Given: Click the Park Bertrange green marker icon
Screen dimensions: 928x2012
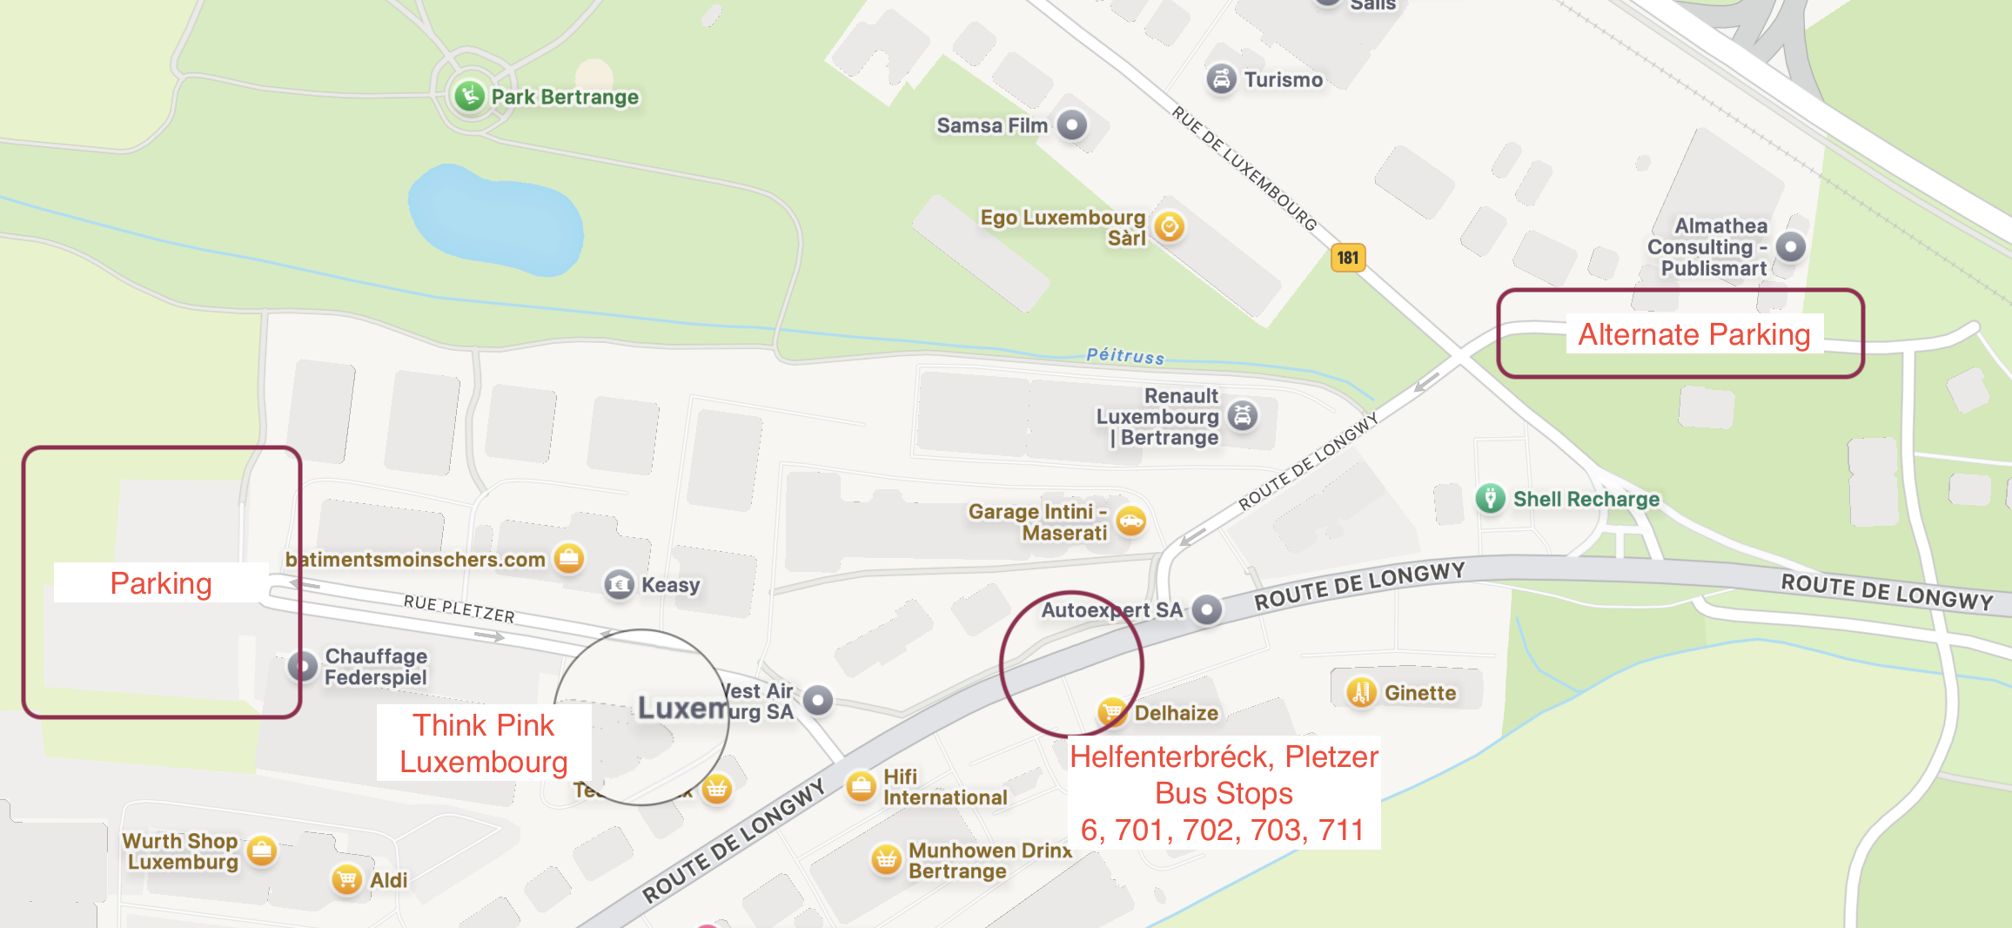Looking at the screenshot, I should (470, 95).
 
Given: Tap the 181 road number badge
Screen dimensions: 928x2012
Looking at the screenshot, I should (1348, 258).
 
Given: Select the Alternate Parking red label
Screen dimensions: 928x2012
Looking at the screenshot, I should (1693, 334).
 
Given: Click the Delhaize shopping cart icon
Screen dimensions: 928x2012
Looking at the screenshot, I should (1112, 712).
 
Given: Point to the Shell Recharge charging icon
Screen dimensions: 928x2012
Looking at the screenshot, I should (1491, 499).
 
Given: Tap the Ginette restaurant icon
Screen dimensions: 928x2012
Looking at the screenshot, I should (1362, 693).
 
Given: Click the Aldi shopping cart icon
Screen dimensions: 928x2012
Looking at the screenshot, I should (347, 879).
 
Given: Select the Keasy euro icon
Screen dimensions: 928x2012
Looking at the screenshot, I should (620, 584).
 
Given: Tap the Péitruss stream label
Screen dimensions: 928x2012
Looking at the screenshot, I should (1124, 355).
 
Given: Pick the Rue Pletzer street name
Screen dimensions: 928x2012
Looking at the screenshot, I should (459, 609).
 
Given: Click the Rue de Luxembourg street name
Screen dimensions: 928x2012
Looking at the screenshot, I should (1244, 167).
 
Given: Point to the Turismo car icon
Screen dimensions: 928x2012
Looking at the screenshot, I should (1222, 79).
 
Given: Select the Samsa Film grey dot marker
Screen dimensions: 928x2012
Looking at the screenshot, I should (1072, 125).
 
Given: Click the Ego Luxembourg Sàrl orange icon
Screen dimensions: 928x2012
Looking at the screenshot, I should (1170, 227).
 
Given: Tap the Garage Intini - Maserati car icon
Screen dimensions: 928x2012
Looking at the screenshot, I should (1130, 521).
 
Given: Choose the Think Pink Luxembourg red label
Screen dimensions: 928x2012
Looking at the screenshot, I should (484, 743).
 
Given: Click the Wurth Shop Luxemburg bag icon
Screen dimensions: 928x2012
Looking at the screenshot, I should (262, 851).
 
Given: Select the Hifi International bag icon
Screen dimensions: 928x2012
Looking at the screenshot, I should (862, 786).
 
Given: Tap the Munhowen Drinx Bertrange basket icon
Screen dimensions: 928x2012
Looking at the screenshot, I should (886, 860).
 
